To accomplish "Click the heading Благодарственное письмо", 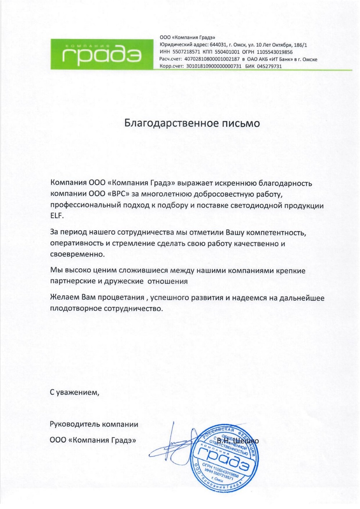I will [x=192, y=123].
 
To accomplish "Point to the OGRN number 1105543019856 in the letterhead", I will [x=275, y=52].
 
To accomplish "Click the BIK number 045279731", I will [x=269, y=66].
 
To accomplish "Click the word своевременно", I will [x=77, y=254].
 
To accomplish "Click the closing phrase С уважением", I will [x=74, y=392].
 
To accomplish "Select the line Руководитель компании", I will [x=94, y=424].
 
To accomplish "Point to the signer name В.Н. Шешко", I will [x=238, y=441].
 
